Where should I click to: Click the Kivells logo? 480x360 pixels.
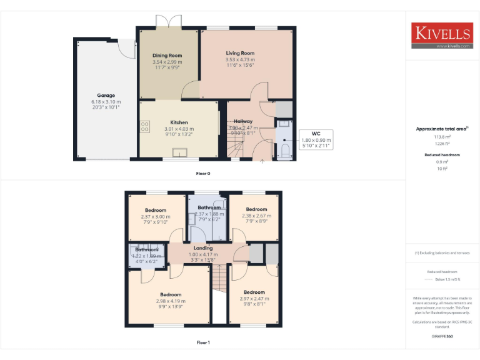pyautogui.click(x=441, y=36)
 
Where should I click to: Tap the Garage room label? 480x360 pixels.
pyautogui.click(x=106, y=96)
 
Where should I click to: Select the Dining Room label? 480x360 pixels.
pyautogui.click(x=167, y=56)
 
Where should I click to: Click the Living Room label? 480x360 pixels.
pyautogui.click(x=240, y=54)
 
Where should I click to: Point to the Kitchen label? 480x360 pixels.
pyautogui.click(x=179, y=122)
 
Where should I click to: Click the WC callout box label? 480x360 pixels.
pyautogui.click(x=316, y=133)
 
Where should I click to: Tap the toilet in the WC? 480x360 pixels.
pyautogui.click(x=284, y=151)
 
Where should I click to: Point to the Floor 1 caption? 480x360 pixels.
pyautogui.click(x=203, y=342)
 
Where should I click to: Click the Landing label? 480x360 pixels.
pyautogui.click(x=203, y=248)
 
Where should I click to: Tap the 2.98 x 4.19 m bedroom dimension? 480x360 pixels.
pyautogui.click(x=171, y=301)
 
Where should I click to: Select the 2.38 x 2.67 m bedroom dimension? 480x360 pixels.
pyautogui.click(x=256, y=216)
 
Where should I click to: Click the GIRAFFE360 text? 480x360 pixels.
pyautogui.click(x=442, y=336)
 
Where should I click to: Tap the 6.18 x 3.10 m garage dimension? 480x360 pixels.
pyautogui.click(x=106, y=102)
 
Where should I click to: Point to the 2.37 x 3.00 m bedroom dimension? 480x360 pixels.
pyautogui.click(x=156, y=216)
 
